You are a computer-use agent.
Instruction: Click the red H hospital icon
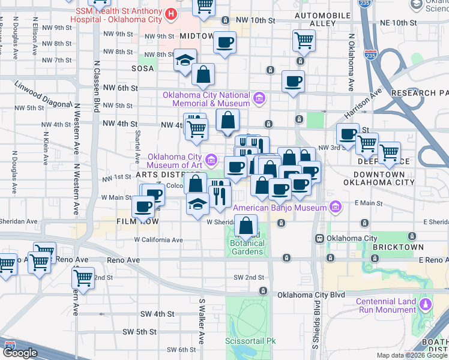coord(172,13)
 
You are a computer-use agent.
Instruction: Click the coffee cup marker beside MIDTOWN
coord(224,42)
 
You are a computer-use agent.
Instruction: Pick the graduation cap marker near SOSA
coord(185,60)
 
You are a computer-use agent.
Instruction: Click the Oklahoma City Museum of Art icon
coord(211,160)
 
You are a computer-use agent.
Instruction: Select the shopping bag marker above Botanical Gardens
coord(246,226)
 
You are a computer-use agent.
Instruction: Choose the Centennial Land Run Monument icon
coord(426,305)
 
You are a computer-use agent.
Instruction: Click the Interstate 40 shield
coord(10,346)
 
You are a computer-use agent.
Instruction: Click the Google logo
coord(20,353)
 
